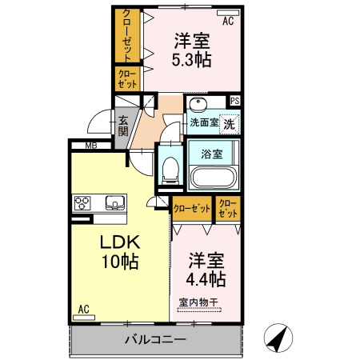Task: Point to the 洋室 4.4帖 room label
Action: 206,270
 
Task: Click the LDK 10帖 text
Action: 119,251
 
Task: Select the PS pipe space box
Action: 235,101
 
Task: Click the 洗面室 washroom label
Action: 204,123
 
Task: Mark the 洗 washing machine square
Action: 230,124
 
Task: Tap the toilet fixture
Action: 170,168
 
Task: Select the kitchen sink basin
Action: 113,202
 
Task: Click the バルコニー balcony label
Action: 155,339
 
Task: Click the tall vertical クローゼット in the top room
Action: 126,36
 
